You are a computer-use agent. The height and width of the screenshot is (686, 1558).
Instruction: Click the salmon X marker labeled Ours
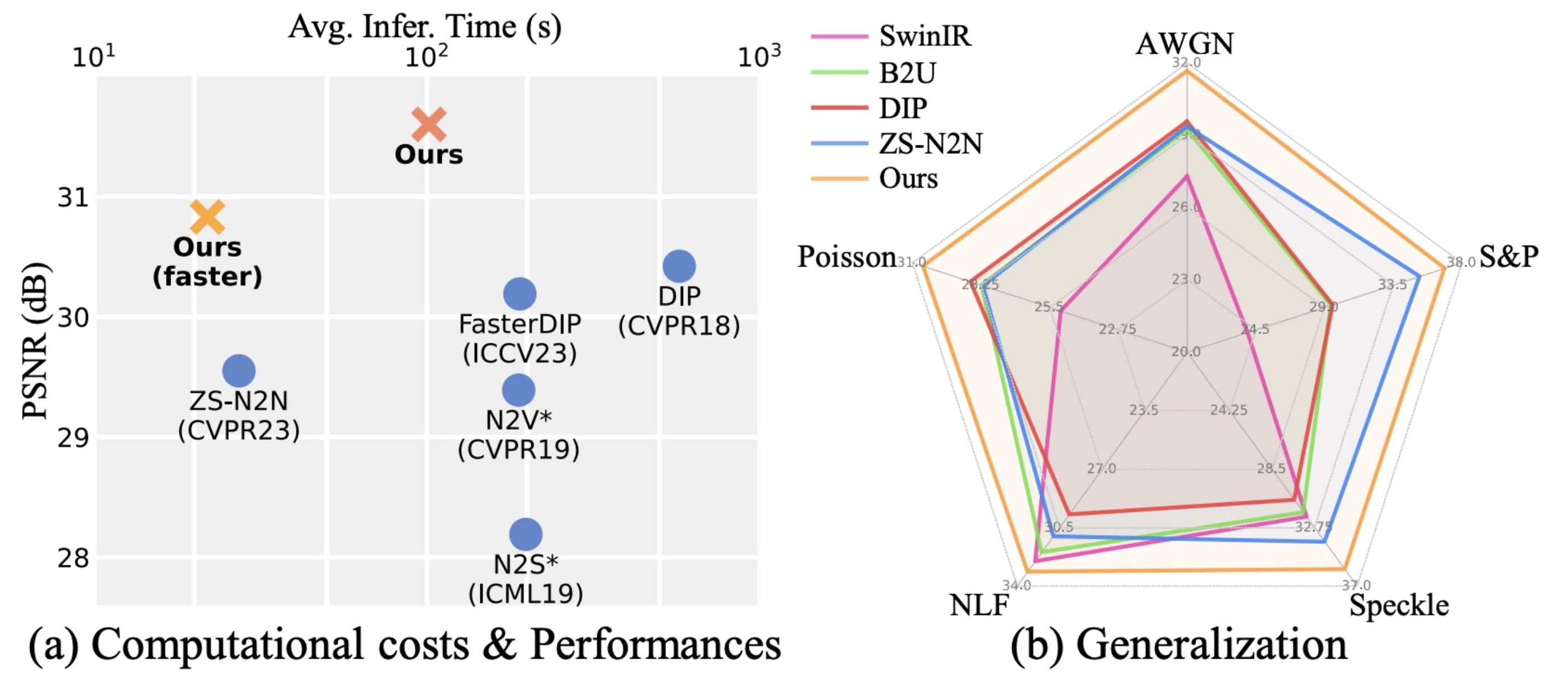[x=429, y=124]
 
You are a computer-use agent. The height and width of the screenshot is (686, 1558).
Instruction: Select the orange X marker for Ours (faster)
[x=207, y=217]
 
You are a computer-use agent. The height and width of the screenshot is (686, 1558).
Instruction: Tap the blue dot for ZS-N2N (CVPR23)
[x=239, y=371]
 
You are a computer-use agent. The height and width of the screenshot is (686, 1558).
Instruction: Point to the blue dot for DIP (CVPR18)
[x=679, y=266]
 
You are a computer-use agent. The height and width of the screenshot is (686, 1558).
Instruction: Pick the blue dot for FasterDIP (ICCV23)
[x=520, y=294]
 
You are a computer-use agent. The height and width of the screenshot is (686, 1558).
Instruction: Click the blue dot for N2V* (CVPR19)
[x=518, y=390]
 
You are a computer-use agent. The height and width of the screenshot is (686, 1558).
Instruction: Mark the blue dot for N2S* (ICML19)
[x=526, y=534]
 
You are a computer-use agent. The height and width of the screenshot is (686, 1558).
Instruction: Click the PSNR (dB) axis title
[x=35, y=341]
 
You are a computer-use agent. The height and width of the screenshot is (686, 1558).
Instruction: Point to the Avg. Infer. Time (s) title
[x=425, y=27]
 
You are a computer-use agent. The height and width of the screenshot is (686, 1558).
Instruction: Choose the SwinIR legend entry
[x=924, y=36]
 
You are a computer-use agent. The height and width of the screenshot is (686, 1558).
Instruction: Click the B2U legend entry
[x=907, y=73]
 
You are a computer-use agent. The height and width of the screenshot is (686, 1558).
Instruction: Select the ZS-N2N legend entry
[x=930, y=144]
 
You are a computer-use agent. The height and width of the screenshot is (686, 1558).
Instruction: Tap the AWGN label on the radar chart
[x=1185, y=44]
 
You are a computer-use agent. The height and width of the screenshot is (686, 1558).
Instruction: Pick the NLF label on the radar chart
[x=979, y=605]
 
